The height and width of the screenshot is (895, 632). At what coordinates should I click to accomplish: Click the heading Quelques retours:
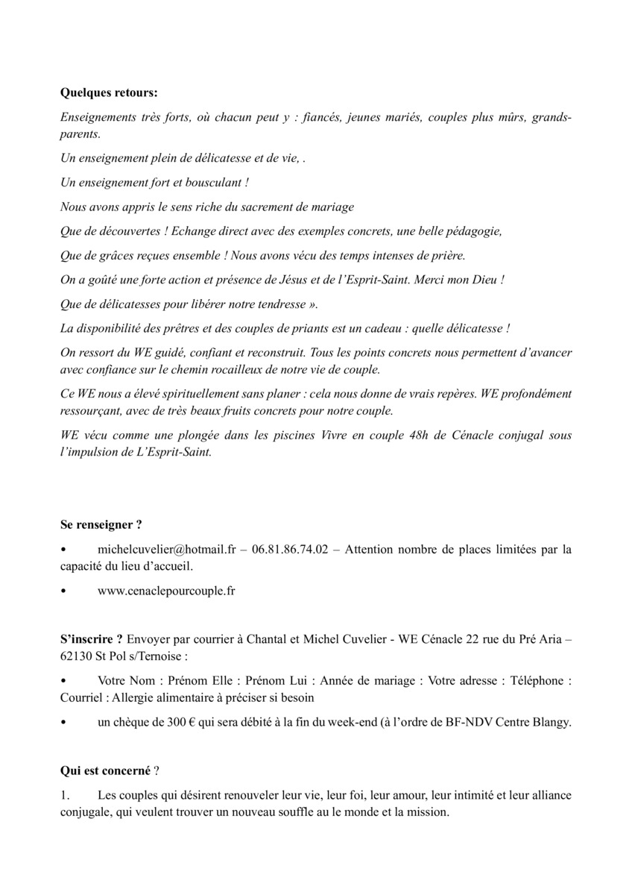tap(109, 94)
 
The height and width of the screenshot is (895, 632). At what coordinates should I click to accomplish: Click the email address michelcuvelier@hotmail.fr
tap(167, 550)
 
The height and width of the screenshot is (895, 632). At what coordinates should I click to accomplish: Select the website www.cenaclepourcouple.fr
tap(167, 591)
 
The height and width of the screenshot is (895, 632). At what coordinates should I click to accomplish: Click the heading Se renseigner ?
tap(101, 524)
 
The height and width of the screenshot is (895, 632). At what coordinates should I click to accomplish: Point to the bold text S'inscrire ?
tap(91, 640)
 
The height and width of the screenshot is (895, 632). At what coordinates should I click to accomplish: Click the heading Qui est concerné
tap(105, 770)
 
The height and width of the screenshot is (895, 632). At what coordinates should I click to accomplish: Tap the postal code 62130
tap(75, 656)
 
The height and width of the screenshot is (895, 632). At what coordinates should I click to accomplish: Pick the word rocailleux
tap(274, 369)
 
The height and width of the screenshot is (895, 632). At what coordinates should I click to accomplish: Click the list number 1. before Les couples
tap(65, 796)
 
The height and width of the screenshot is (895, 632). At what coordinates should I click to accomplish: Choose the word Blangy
tap(552, 723)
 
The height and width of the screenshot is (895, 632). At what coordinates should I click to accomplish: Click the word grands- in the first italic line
tap(552, 119)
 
